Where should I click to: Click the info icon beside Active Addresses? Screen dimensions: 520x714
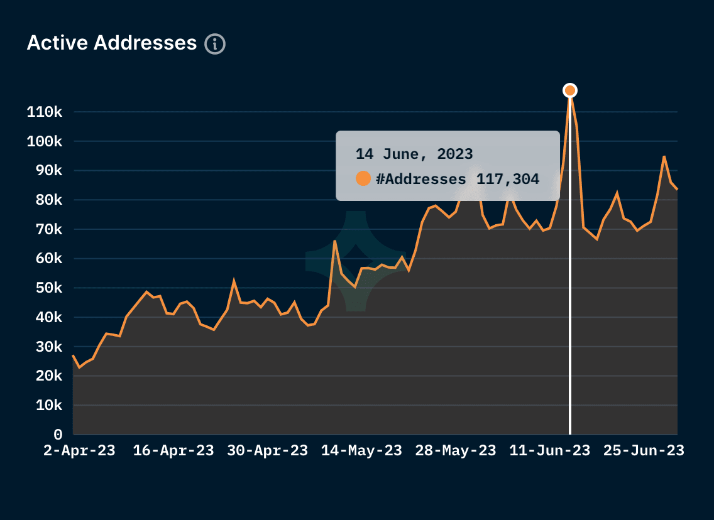pyautogui.click(x=215, y=44)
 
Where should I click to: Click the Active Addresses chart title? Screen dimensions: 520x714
pyautogui.click(x=112, y=43)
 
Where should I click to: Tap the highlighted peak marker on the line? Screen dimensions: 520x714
pyautogui.click(x=570, y=90)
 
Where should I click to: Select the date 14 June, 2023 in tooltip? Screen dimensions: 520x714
pyautogui.click(x=414, y=154)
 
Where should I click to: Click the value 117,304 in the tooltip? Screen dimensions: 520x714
pyautogui.click(x=508, y=179)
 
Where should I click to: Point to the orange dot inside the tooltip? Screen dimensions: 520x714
pyautogui.click(x=363, y=179)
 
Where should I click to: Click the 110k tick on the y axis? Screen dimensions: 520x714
pyautogui.click(x=45, y=112)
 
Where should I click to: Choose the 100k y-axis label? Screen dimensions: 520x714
pyautogui.click(x=45, y=142)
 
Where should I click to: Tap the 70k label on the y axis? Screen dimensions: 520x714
pyautogui.click(x=48, y=230)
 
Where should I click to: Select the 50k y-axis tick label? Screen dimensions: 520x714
pyautogui.click(x=48, y=288)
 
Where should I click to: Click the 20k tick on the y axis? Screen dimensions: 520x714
pyautogui.click(x=48, y=376)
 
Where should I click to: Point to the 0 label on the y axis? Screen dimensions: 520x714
pyautogui.click(x=58, y=435)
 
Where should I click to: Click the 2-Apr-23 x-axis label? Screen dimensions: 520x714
pyautogui.click(x=79, y=451)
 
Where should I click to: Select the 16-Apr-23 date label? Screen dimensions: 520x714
pyautogui.click(x=173, y=451)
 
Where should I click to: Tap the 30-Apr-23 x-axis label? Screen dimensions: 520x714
pyautogui.click(x=268, y=451)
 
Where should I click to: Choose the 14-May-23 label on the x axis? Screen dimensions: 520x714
pyautogui.click(x=361, y=451)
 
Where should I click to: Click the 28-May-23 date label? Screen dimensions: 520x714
pyautogui.click(x=456, y=451)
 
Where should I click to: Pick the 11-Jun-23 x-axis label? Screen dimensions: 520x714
pyautogui.click(x=550, y=451)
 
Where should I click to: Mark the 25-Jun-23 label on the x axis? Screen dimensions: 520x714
pyautogui.click(x=644, y=451)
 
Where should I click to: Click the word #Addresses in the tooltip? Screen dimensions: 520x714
pyautogui.click(x=421, y=179)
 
